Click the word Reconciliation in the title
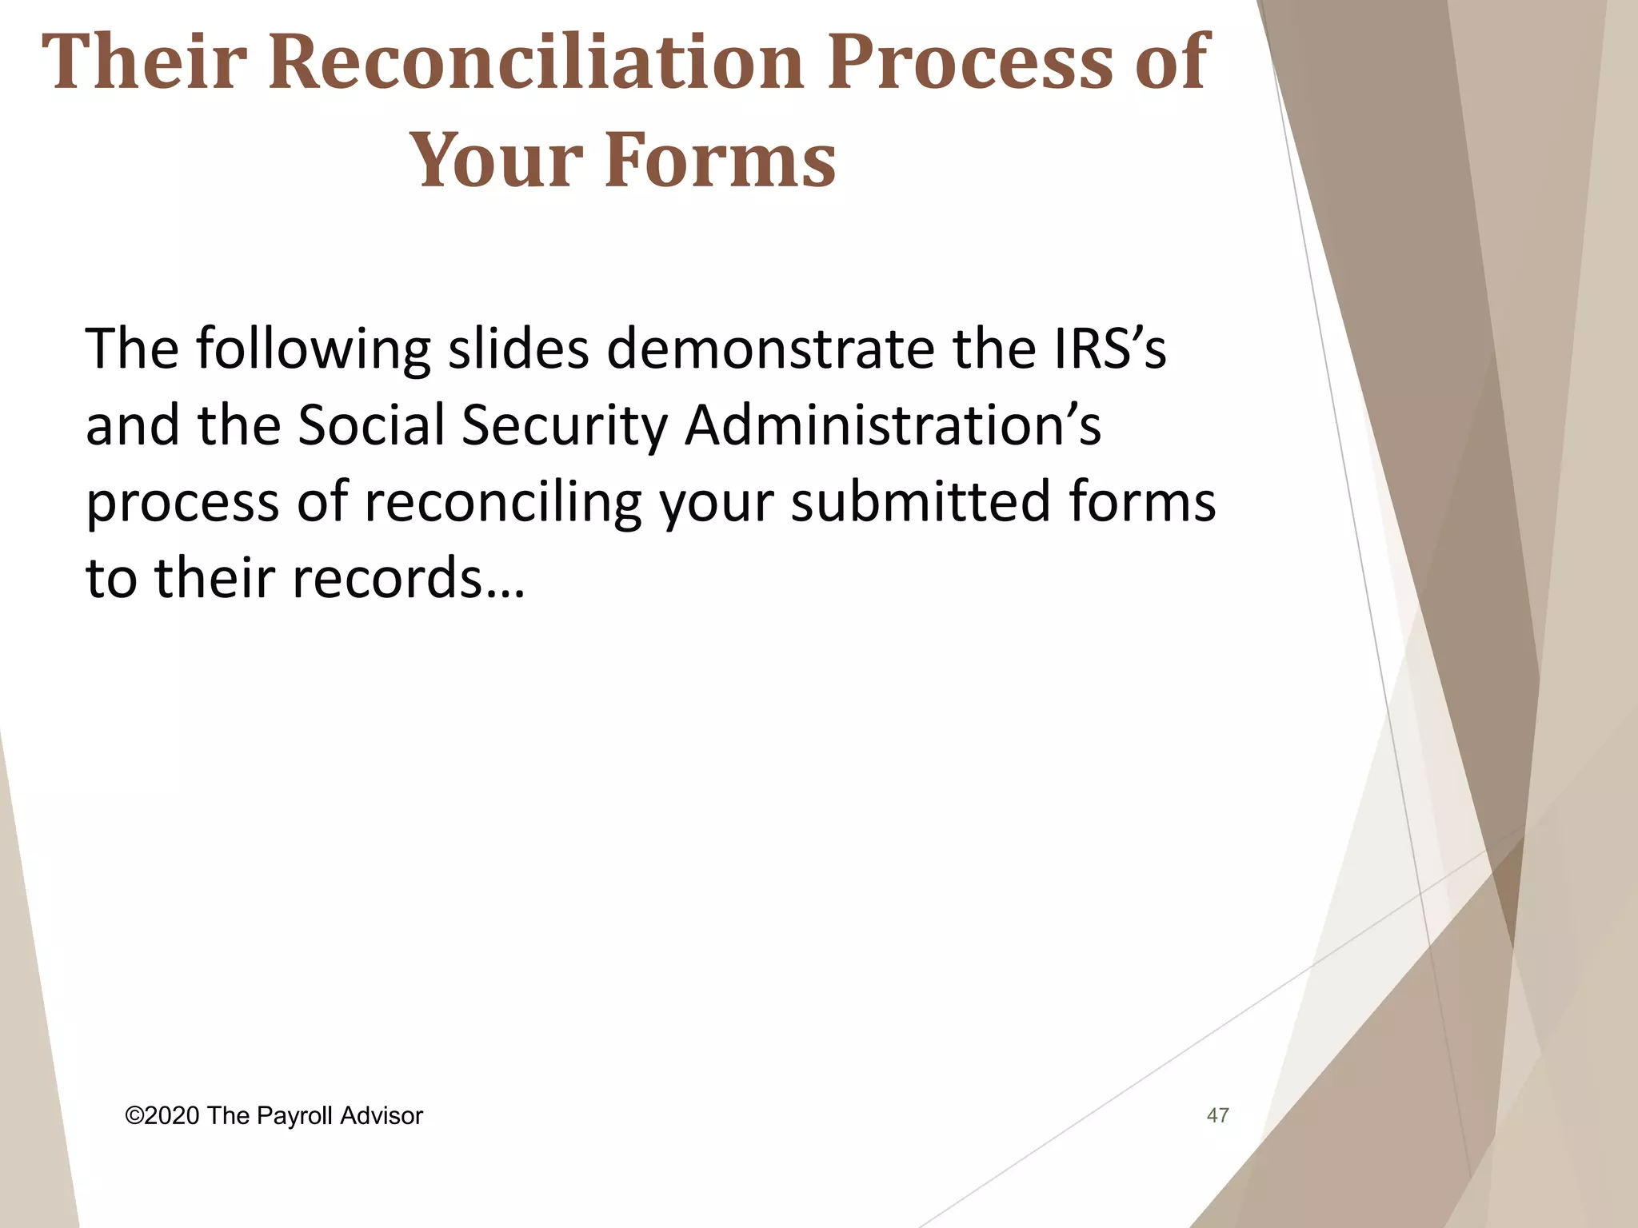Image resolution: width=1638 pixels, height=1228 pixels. click(535, 62)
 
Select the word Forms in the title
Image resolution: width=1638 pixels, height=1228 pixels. click(720, 160)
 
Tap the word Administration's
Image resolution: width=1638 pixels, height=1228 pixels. click(893, 425)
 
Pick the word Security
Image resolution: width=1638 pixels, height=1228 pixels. click(565, 425)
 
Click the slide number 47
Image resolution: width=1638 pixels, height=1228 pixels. click(1217, 1115)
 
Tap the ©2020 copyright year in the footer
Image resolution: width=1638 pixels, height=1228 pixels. click(162, 1115)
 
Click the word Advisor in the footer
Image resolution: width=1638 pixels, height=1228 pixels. click(382, 1115)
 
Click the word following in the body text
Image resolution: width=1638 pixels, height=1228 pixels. click(313, 350)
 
